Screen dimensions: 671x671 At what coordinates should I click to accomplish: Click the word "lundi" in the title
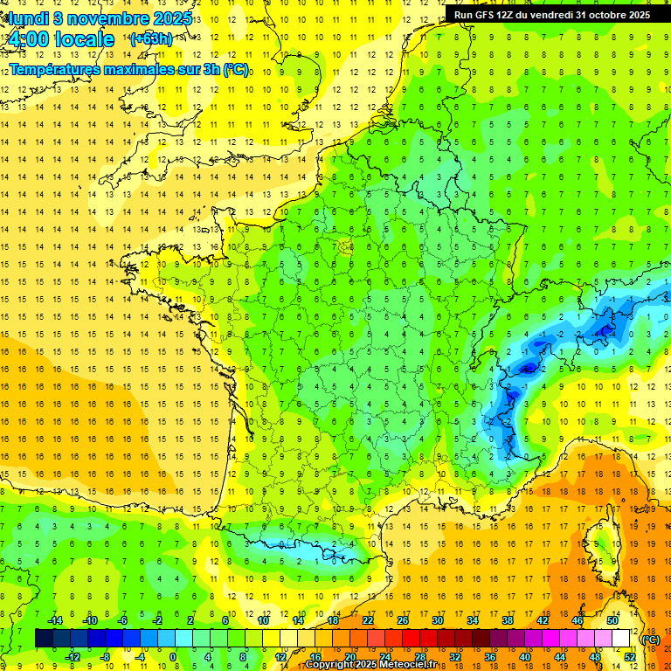[x=28, y=18]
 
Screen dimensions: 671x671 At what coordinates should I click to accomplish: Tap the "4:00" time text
[x=28, y=40]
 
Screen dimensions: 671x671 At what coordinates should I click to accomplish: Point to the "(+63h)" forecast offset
[x=151, y=39]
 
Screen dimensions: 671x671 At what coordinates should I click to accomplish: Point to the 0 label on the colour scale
[x=173, y=657]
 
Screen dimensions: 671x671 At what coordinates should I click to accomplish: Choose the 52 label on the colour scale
[x=630, y=657]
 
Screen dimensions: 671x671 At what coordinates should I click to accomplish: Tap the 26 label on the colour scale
[x=402, y=620]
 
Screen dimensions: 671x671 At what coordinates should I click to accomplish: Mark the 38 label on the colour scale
[x=507, y=620]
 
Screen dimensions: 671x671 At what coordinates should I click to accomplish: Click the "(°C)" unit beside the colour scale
[x=651, y=640]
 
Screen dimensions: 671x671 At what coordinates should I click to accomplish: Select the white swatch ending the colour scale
[x=620, y=639]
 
